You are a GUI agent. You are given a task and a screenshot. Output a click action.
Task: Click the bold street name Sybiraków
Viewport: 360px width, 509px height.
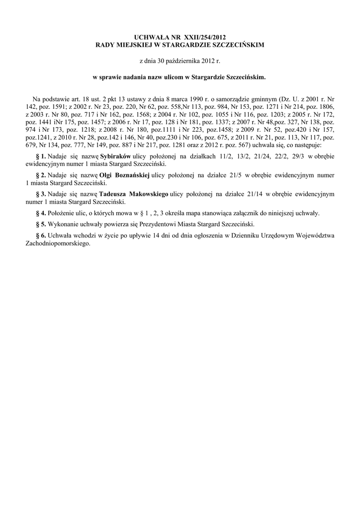coord(115,156)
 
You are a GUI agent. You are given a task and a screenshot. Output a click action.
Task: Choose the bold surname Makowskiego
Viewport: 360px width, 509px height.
coord(149,193)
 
